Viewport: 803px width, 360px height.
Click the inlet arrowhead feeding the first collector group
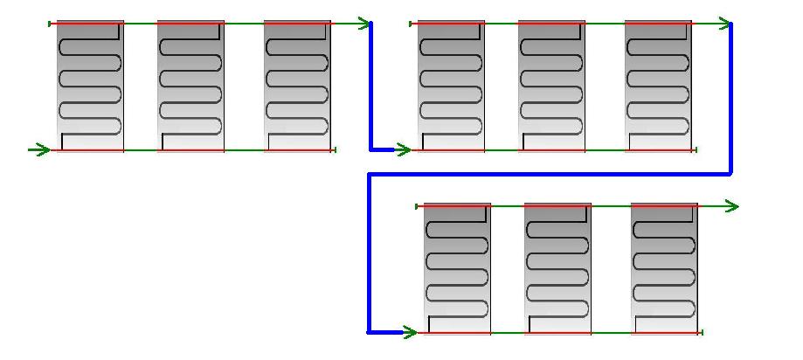pyautogui.click(x=40, y=150)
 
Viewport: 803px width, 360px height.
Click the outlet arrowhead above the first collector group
pyautogui.click(x=363, y=24)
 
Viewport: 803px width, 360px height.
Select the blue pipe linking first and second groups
pyautogui.click(x=370, y=87)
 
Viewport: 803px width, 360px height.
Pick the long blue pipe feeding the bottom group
pyautogui.click(x=550, y=174)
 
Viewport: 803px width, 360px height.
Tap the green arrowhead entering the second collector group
pyautogui.click(x=402, y=150)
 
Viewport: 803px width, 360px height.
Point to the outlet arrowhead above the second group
pyautogui.click(x=724, y=24)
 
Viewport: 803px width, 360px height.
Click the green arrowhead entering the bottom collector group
pyautogui.click(x=407, y=332)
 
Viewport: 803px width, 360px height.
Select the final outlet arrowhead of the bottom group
pyautogui.click(x=731, y=206)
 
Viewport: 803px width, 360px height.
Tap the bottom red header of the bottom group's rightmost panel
pyautogui.click(x=665, y=332)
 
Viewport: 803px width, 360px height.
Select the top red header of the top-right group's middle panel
pyautogui.click(x=551, y=24)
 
